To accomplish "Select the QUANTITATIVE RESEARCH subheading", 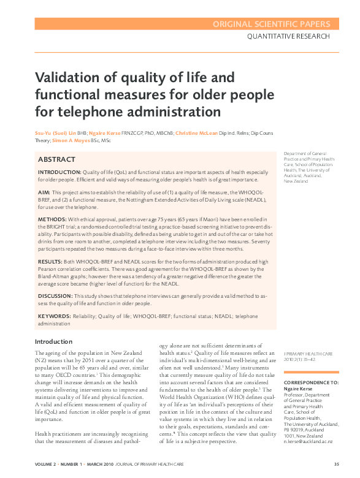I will (x=288, y=37).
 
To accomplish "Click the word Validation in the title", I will (x=64, y=78).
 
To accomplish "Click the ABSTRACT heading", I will (x=57, y=159).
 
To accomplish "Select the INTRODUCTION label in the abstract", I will (x=59, y=173).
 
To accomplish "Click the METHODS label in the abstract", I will (x=52, y=219).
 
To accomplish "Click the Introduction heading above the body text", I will (x=53, y=341).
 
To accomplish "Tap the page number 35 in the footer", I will (x=336, y=463).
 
